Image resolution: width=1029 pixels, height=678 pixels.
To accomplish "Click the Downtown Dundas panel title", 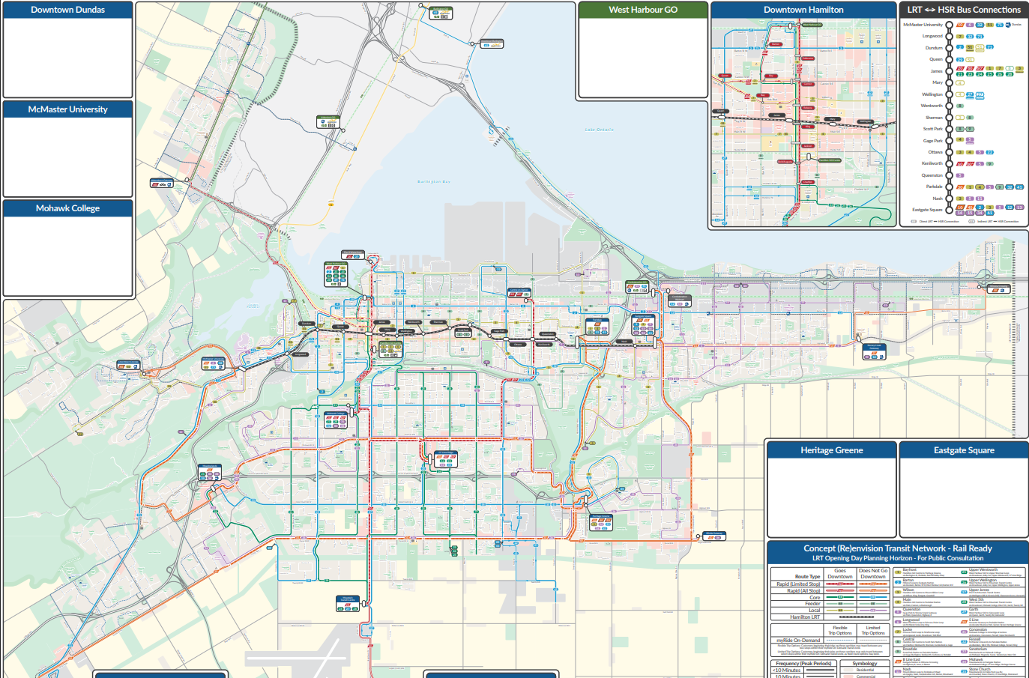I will click(x=67, y=10).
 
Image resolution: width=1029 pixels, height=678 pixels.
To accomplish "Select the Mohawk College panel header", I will click(x=67, y=208).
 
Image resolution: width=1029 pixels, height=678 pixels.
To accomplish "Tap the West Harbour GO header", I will click(x=642, y=10).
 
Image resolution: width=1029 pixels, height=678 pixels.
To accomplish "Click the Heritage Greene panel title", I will click(x=831, y=450).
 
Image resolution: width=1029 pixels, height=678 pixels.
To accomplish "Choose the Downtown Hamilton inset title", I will click(x=803, y=10).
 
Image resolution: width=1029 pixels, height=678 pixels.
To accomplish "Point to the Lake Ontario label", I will click(x=599, y=130).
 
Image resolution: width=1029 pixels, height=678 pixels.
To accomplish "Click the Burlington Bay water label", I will click(x=434, y=182).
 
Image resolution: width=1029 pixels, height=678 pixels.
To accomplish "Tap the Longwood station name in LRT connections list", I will click(x=932, y=36).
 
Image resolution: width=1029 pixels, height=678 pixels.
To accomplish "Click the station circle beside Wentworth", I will click(x=949, y=106).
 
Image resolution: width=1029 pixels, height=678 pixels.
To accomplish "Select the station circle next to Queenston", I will click(x=949, y=175).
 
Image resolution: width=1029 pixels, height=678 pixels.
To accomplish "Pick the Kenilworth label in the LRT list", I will click(x=932, y=163).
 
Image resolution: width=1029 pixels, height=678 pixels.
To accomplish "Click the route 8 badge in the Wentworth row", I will click(x=960, y=106).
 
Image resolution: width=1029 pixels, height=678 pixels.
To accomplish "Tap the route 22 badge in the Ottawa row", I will click(x=989, y=152).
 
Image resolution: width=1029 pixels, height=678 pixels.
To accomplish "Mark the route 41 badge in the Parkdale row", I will click(x=1019, y=187).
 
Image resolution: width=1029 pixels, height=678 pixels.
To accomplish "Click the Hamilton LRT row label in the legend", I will click(x=805, y=617).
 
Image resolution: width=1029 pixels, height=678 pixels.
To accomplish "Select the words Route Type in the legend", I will click(x=807, y=577).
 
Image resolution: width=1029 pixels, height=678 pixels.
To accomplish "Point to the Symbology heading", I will click(x=864, y=664).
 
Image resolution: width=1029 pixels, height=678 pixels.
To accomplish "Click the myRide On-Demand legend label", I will click(x=798, y=641).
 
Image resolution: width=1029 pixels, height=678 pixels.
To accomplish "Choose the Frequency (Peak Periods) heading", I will click(x=803, y=664).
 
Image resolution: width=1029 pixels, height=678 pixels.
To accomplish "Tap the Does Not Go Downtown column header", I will click(x=873, y=574).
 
